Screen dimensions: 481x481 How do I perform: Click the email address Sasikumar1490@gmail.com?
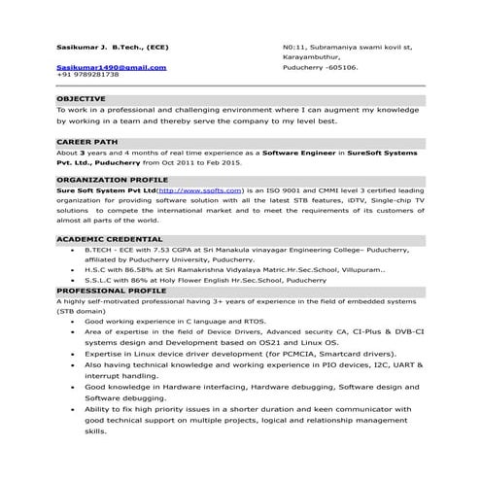[x=112, y=67]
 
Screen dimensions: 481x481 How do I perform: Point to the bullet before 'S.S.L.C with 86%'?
[x=75, y=277]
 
